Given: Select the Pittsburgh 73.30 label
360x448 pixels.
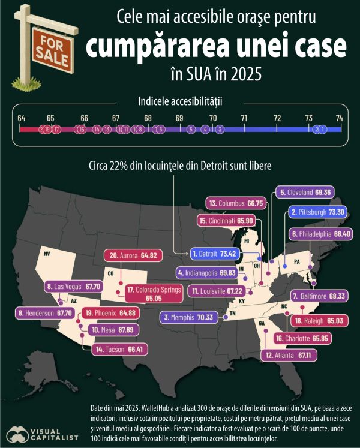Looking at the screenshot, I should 316,212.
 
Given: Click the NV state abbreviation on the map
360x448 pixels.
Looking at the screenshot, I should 46,254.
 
